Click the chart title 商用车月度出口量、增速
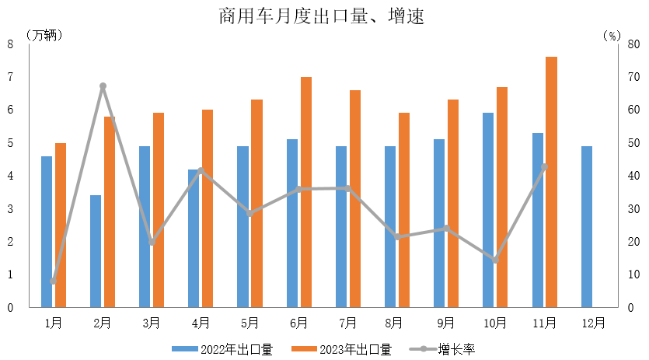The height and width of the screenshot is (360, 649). tap(322, 16)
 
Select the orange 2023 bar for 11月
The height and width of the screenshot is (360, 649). tap(551, 182)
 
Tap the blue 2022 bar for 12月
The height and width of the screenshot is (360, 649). tap(587, 226)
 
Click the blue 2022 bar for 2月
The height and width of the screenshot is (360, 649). tap(96, 251)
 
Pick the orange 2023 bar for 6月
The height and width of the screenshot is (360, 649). tap(305, 192)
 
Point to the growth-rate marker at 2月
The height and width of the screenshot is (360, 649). tap(103, 86)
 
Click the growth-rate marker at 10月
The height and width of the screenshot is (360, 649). tap(495, 260)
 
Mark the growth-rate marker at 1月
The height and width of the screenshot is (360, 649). tap(54, 281)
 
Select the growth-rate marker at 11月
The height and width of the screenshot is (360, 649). tap(544, 166)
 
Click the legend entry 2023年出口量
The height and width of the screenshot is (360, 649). tap(341, 349)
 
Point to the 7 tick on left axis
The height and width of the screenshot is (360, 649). tap(11, 77)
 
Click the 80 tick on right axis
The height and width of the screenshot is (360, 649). tap(634, 44)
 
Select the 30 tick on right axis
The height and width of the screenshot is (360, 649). tap(634, 208)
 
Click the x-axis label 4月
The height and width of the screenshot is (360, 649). tap(201, 322)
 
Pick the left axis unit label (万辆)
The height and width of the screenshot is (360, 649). tap(46, 35)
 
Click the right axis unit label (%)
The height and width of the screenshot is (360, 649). tap(612, 35)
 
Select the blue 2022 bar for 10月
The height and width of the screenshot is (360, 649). tap(488, 210)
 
